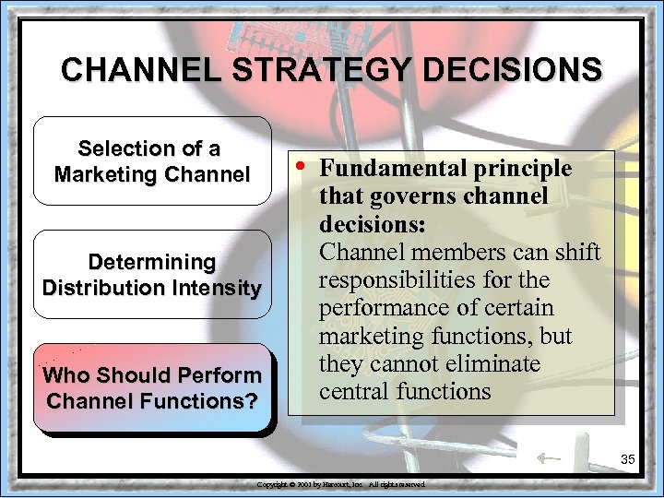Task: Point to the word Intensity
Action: click(x=217, y=287)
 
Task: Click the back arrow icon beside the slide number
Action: click(x=548, y=456)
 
